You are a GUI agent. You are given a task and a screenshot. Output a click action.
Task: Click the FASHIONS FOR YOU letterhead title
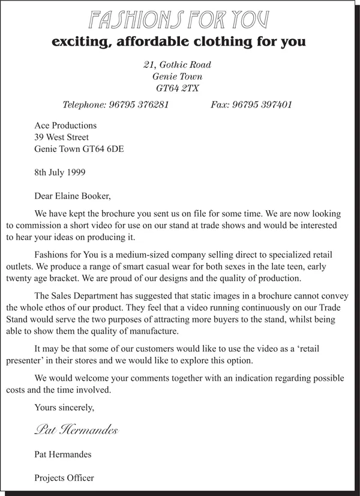click(x=179, y=20)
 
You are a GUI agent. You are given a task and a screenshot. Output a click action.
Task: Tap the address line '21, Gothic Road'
click(x=177, y=65)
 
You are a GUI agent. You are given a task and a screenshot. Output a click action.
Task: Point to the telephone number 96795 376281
click(x=139, y=105)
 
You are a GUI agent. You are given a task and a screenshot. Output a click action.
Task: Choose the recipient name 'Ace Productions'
click(x=65, y=126)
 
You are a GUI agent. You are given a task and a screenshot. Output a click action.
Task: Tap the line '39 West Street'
click(x=62, y=138)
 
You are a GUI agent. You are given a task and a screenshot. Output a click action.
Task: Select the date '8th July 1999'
click(x=60, y=172)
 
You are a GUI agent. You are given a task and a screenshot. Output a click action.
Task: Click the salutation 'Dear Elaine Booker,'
click(x=73, y=195)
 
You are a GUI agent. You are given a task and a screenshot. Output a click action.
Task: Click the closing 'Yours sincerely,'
click(x=65, y=408)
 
